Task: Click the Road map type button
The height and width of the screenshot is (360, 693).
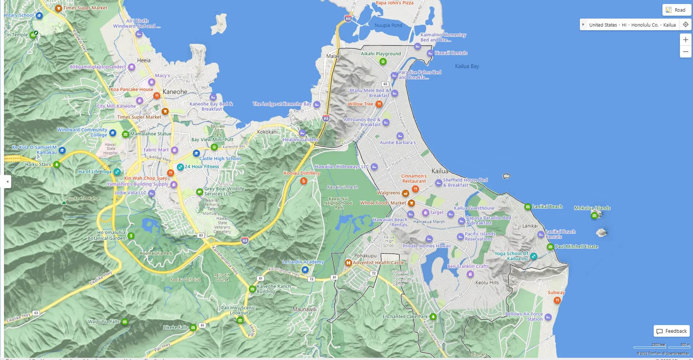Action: coord(676,10)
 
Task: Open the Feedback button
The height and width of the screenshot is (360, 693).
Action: coord(672,331)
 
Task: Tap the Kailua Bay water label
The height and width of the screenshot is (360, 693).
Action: coord(467,66)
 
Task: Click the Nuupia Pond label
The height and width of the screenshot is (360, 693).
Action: coord(388,25)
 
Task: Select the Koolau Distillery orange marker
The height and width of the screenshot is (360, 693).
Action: coord(303,181)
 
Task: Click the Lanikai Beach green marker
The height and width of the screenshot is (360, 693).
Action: coord(527,207)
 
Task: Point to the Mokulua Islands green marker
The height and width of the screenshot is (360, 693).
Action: coord(594,215)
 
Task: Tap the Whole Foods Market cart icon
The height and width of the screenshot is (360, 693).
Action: coord(411,203)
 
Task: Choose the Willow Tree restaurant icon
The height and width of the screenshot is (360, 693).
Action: coord(379,104)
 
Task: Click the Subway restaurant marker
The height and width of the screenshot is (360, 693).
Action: coord(557,300)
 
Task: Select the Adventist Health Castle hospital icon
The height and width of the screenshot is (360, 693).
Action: coord(348,263)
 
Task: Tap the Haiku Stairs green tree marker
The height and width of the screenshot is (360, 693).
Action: coord(56,165)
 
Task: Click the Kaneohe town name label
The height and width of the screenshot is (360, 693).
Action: coord(175,92)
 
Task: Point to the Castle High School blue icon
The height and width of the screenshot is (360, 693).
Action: coord(196,153)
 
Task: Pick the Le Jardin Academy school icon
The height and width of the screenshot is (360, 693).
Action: coord(305,270)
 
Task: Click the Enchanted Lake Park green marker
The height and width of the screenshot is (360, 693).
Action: coord(433,317)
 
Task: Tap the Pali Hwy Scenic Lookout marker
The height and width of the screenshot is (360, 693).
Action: coord(240,320)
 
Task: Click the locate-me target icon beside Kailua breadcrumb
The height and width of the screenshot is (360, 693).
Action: coord(685,25)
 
